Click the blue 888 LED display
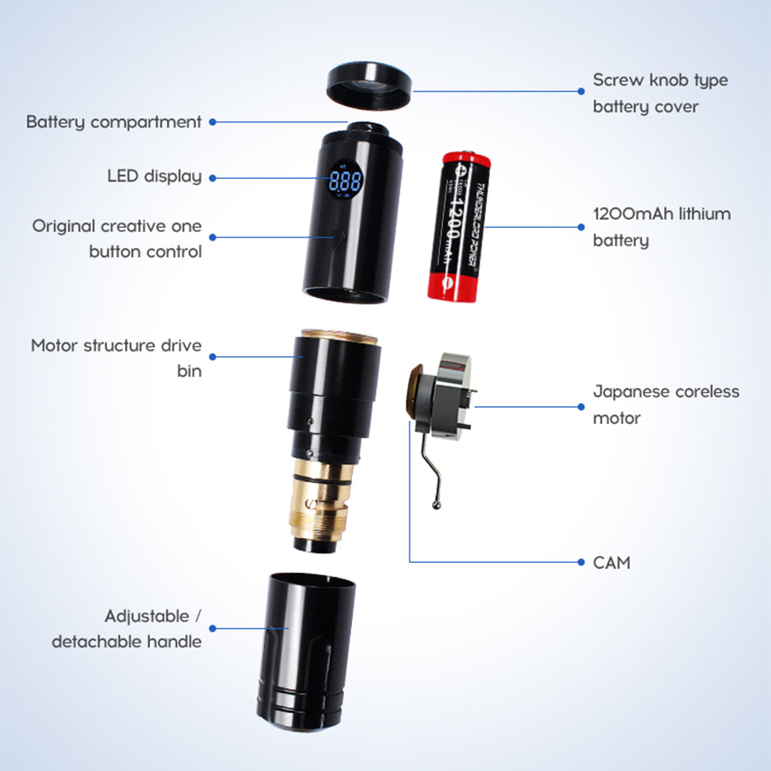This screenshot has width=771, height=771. click(x=345, y=182)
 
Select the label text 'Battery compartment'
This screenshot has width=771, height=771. click(x=114, y=122)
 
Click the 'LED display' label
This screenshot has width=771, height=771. click(x=154, y=176)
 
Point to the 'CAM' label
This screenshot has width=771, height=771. click(x=612, y=563)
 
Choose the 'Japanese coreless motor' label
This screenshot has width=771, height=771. click(x=666, y=404)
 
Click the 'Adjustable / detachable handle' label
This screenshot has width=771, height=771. click(x=127, y=629)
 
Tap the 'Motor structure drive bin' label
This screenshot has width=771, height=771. click(x=117, y=358)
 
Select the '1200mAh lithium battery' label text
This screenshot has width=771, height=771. click(x=661, y=227)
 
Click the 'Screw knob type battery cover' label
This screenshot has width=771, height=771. click(x=660, y=93)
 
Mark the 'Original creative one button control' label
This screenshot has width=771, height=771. click(x=117, y=239)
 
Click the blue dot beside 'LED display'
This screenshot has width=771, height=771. click(x=212, y=177)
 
